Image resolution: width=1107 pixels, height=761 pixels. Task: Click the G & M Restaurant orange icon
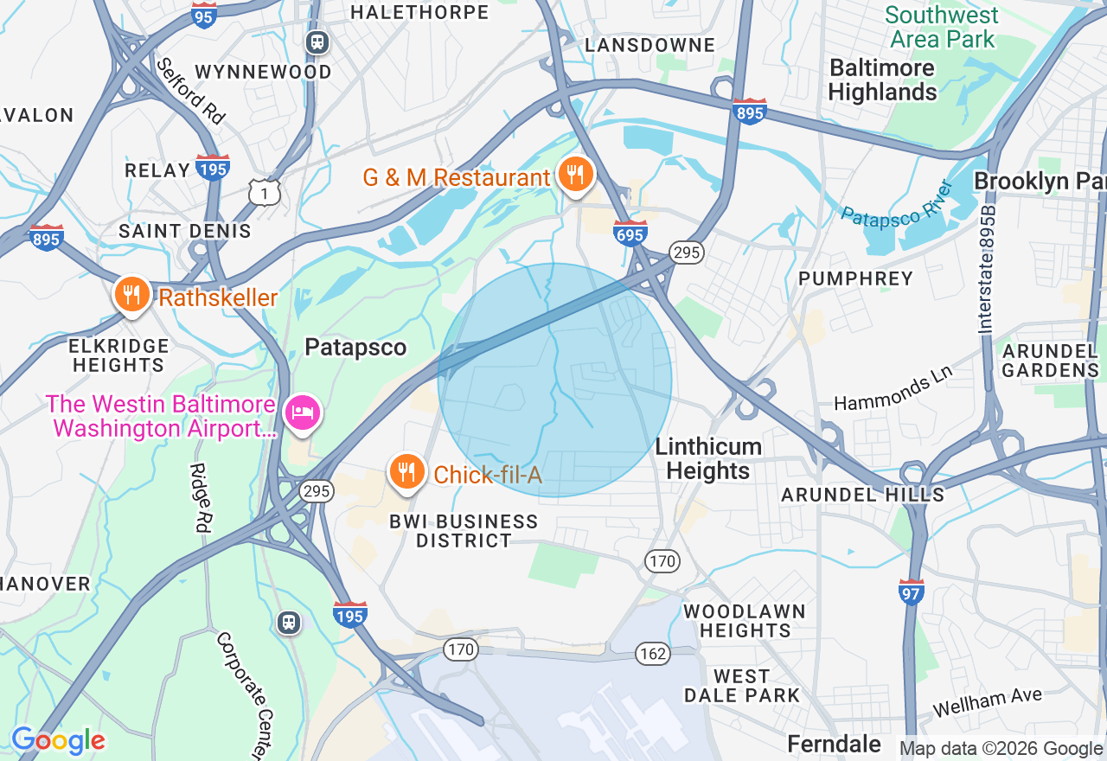pos(573,175)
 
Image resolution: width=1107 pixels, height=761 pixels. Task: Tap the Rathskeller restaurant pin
pos(131,296)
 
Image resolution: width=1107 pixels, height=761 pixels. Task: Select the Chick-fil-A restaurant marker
pos(406,472)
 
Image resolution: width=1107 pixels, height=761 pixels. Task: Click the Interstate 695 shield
pos(630,233)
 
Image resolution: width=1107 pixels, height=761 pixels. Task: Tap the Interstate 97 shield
pos(912,592)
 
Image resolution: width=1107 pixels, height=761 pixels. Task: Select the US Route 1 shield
pos(265,192)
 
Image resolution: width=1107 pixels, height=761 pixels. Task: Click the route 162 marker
pos(653,653)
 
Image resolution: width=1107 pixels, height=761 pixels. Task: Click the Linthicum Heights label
pos(708,458)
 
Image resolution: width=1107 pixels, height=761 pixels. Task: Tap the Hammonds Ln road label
pos(893,387)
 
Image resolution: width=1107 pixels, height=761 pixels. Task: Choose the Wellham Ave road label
pos(987,703)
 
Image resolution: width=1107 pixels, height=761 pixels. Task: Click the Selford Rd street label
pos(190,89)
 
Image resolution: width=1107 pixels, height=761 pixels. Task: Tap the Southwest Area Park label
pos(941,27)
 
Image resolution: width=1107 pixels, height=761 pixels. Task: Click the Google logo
pos(58,741)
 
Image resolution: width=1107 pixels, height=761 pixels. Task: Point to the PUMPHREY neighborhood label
pos(855,278)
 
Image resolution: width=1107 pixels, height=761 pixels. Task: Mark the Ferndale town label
pos(834,744)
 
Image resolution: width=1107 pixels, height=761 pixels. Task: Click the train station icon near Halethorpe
pos(317,42)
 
